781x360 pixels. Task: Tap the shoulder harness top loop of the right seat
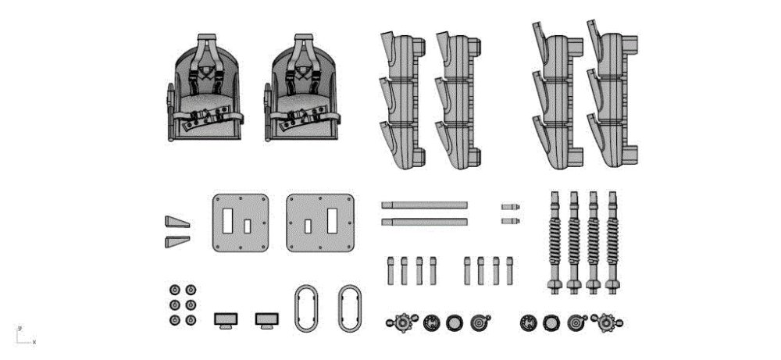point(303,37)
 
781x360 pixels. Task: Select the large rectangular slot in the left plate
point(227,220)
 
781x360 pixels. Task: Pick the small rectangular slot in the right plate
point(308,226)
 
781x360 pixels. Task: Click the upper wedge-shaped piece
point(177,222)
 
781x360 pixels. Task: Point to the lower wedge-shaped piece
point(177,241)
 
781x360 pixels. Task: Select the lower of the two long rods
point(424,222)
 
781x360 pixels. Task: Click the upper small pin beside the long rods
point(511,207)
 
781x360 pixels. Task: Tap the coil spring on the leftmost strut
point(555,241)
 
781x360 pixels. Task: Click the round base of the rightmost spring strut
point(612,286)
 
